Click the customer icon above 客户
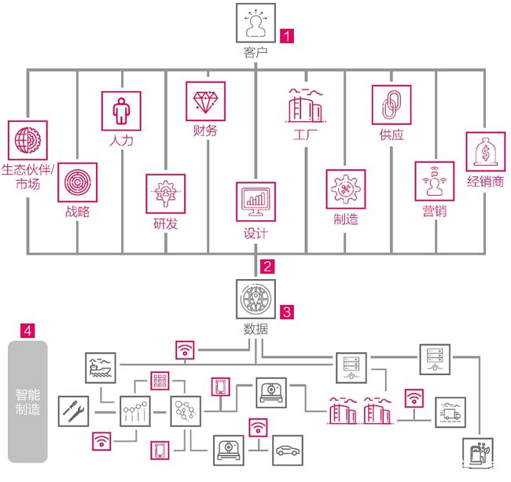click(x=256, y=23)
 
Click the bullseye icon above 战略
click(x=77, y=182)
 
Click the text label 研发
click(x=165, y=223)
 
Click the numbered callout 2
click(x=268, y=266)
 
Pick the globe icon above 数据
click(x=256, y=300)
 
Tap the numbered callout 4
click(x=28, y=331)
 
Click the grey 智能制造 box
click(x=27, y=400)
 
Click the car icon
click(x=287, y=454)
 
